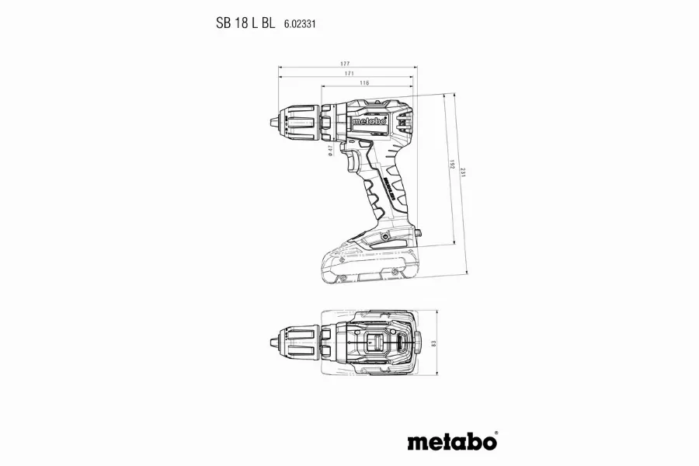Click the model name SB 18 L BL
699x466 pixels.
(245, 24)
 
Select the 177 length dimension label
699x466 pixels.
(345, 64)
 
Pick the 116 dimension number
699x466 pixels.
(364, 82)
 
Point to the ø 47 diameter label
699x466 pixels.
(330, 151)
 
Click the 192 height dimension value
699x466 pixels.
(453, 167)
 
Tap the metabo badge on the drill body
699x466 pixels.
(369, 121)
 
